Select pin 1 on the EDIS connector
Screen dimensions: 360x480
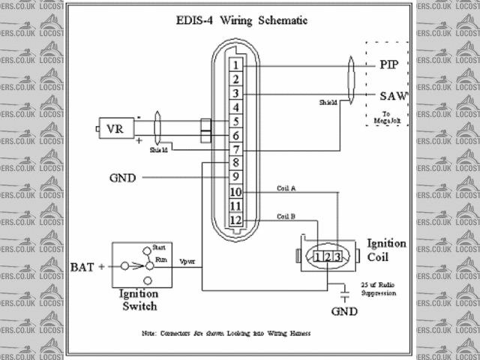point(235,66)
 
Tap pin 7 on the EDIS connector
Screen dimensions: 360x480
point(235,150)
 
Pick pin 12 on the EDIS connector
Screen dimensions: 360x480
point(235,220)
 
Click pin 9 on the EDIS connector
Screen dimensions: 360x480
point(235,178)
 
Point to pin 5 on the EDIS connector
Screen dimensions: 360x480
point(235,121)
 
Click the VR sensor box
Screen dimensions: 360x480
point(115,128)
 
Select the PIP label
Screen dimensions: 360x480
point(389,65)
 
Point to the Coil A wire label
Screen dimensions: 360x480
point(286,188)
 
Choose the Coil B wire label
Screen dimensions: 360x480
point(286,216)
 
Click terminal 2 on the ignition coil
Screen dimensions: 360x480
point(328,258)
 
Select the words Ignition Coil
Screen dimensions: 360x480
point(386,250)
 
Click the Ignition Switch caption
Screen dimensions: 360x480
point(138,301)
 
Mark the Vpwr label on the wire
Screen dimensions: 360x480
point(188,261)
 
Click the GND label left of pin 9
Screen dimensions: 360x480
point(122,178)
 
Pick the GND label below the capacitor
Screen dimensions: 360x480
point(344,310)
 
